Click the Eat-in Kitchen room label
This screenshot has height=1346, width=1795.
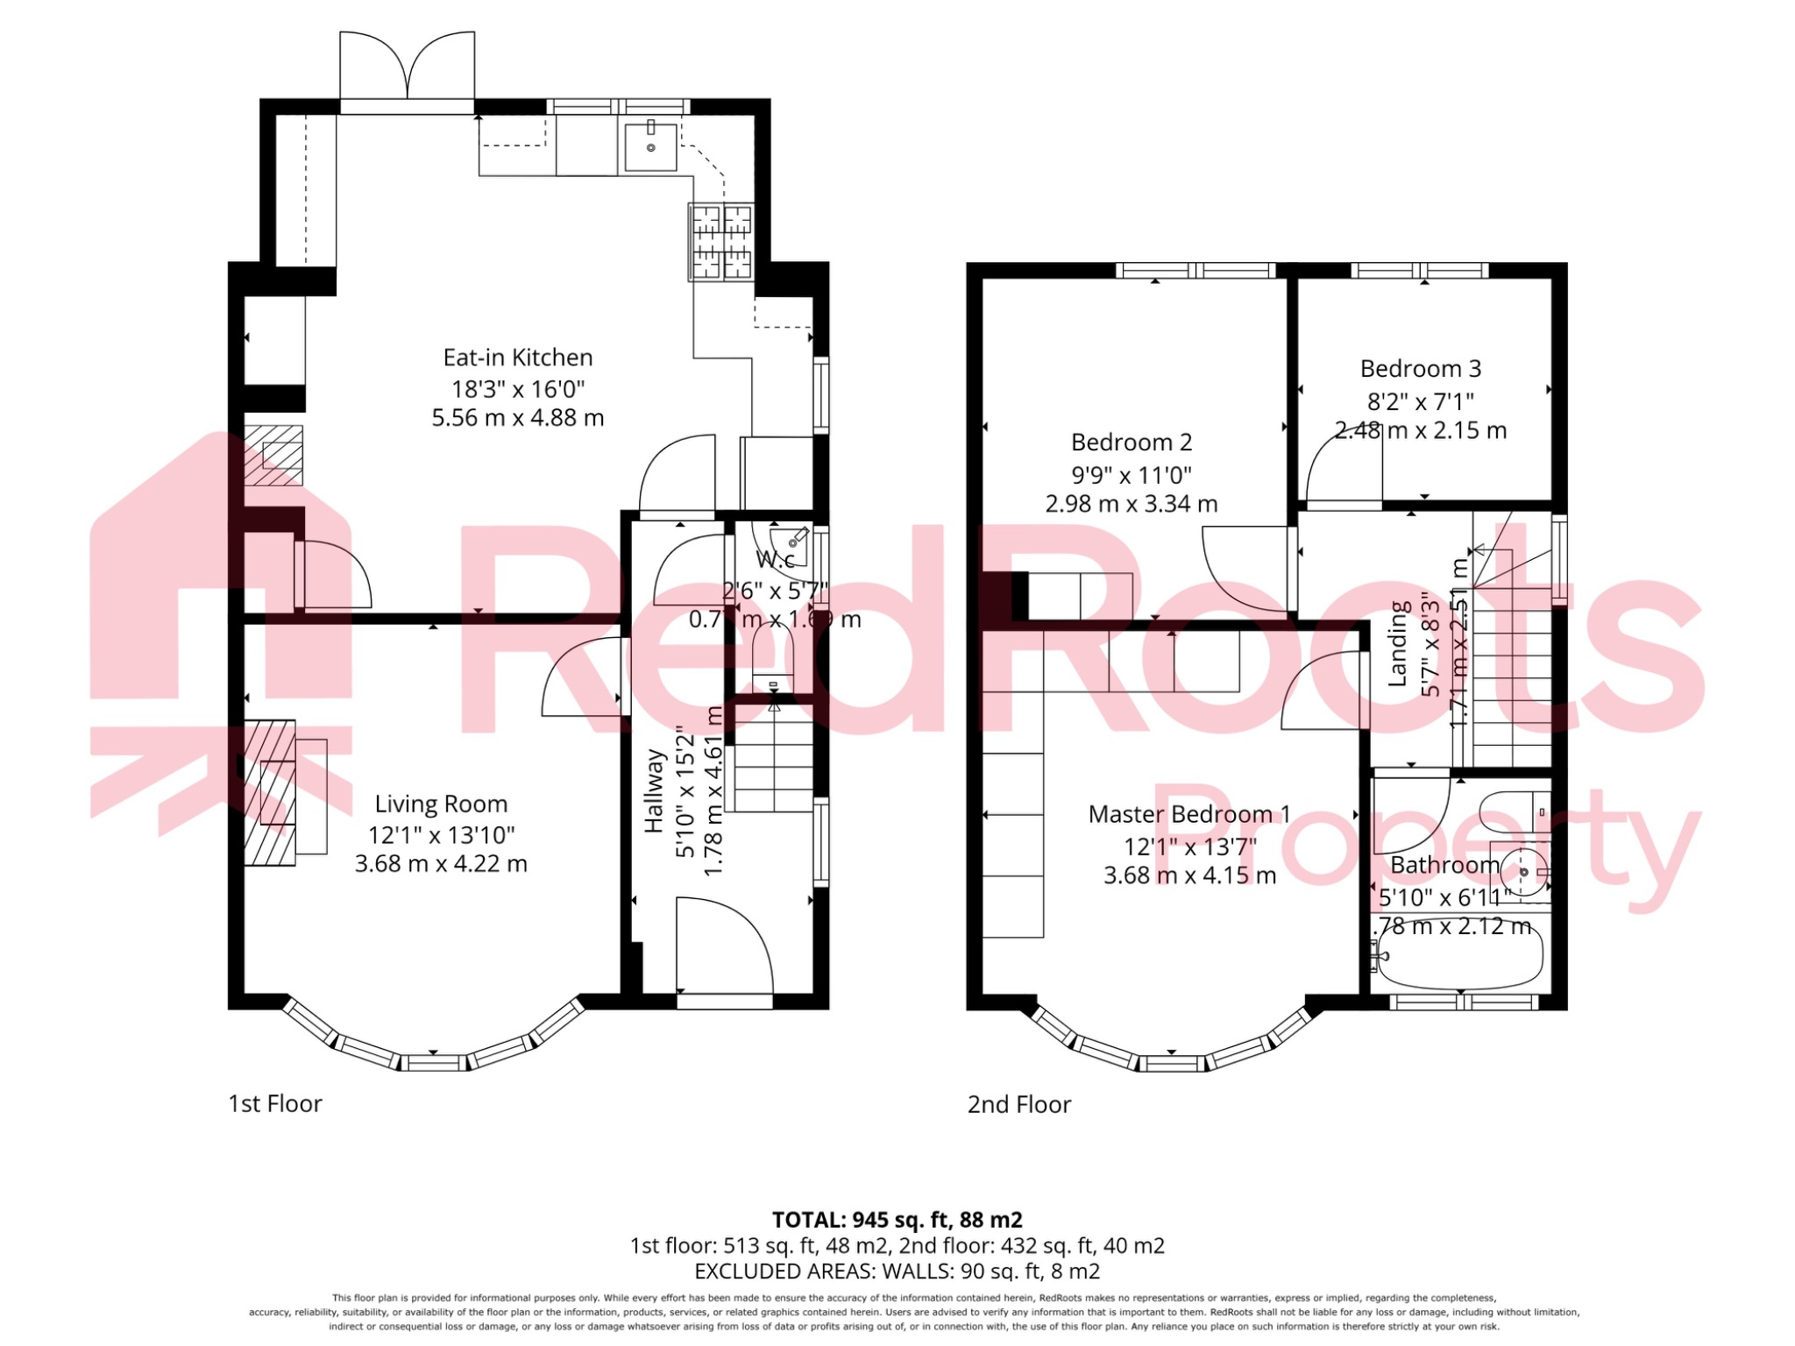(517, 358)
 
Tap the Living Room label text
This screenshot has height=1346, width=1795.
(441, 804)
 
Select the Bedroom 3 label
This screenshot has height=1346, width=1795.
(1420, 369)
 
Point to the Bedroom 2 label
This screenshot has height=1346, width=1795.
(1131, 443)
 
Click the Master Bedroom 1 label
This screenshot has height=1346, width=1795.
(1188, 814)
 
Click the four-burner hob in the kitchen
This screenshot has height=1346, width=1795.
(720, 242)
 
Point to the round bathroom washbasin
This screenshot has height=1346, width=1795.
(1523, 872)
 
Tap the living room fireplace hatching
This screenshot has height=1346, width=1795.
(269, 793)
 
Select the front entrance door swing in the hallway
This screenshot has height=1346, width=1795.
(724, 945)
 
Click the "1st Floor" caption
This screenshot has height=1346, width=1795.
(275, 1103)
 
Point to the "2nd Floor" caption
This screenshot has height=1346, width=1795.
(1018, 1104)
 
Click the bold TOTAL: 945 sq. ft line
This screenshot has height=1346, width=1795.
(897, 1219)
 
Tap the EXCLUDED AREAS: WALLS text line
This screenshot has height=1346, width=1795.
(897, 1271)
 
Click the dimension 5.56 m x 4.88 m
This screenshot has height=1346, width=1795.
(517, 418)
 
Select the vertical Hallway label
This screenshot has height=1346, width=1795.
(654, 790)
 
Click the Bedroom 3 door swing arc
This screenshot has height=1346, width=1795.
(1341, 464)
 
